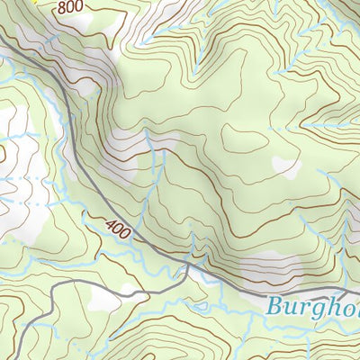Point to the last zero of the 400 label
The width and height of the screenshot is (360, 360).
[127, 236]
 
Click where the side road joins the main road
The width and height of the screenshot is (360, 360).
[187, 268]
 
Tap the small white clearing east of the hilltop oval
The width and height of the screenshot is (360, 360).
[286, 166]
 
